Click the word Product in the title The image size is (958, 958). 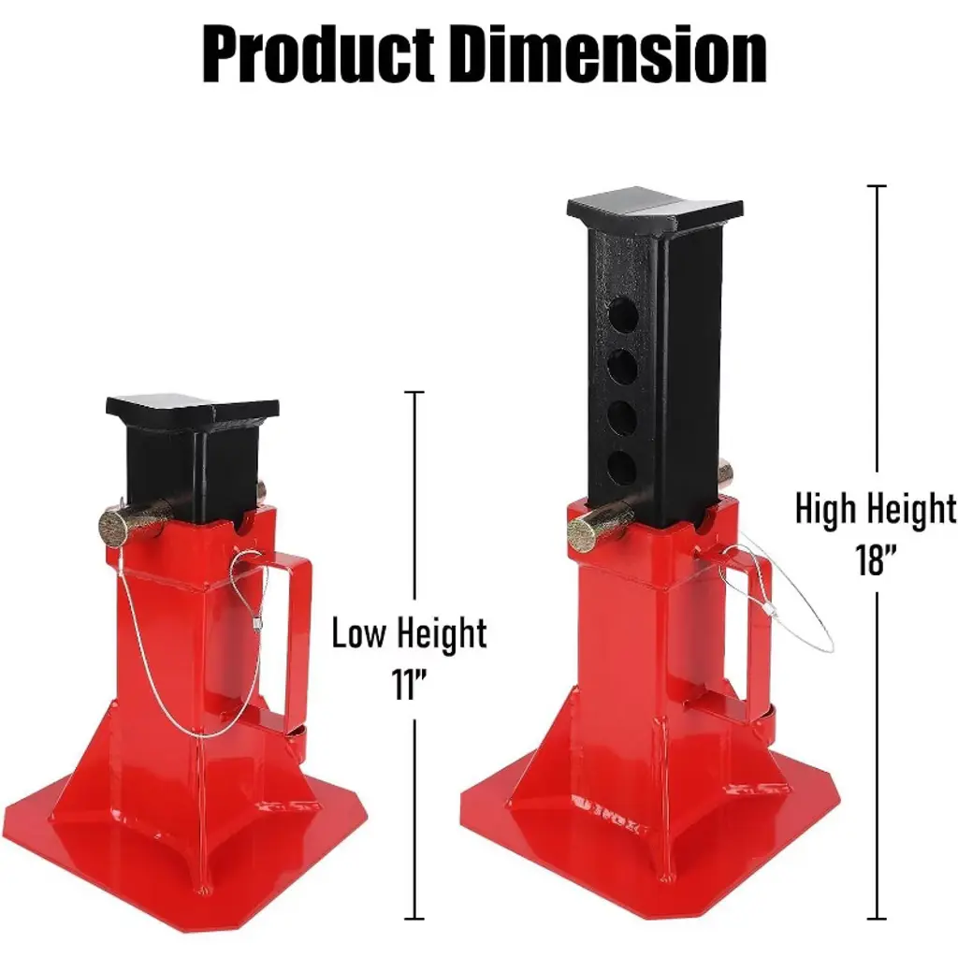coord(318,54)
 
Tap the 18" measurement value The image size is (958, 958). coord(876,559)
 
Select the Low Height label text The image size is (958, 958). coord(409,633)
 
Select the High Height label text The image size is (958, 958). coord(876,509)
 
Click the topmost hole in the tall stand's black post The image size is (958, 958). coord(622,315)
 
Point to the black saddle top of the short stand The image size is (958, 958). coord(193,415)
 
